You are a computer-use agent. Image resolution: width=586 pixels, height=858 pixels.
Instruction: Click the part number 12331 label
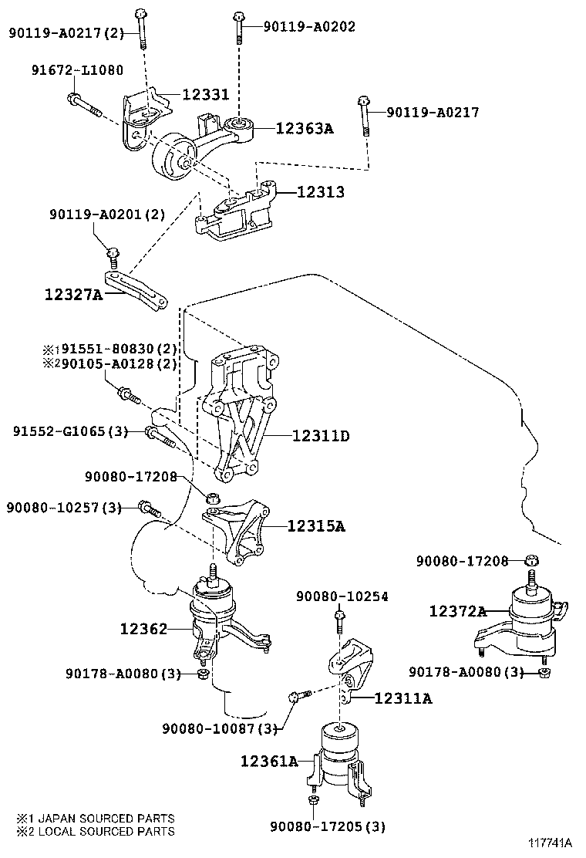coord(206,94)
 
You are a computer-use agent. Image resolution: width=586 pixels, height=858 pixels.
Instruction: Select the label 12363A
coord(305,128)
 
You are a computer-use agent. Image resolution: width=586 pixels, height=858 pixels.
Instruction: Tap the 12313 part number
coord(321,191)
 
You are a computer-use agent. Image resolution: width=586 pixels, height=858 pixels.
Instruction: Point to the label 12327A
coord(73,295)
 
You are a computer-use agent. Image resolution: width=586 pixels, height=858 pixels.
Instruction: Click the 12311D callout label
coord(321,436)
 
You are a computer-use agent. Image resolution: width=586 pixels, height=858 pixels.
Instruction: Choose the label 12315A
coord(316,526)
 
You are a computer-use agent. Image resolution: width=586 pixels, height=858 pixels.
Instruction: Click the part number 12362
coord(143,629)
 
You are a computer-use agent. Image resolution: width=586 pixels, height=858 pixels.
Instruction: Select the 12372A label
coord(457,610)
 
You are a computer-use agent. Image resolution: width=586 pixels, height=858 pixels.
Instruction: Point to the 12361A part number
coord(270,761)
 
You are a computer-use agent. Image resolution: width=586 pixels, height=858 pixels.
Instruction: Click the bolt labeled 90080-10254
coord(339,622)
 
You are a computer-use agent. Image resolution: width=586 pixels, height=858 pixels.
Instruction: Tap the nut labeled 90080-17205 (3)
coord(313,802)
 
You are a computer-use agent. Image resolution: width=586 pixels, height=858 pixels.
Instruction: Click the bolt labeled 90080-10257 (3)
coord(150,508)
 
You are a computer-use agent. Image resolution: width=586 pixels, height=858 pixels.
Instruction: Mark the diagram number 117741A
coord(549,842)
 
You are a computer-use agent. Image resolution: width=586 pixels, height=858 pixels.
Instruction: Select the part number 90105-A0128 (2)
coord(120,363)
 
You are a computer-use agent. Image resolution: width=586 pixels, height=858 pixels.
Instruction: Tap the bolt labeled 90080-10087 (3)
coord(299,695)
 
